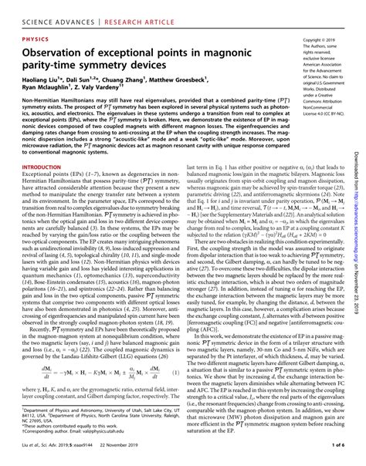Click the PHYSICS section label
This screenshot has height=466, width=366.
pos(36,36)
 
